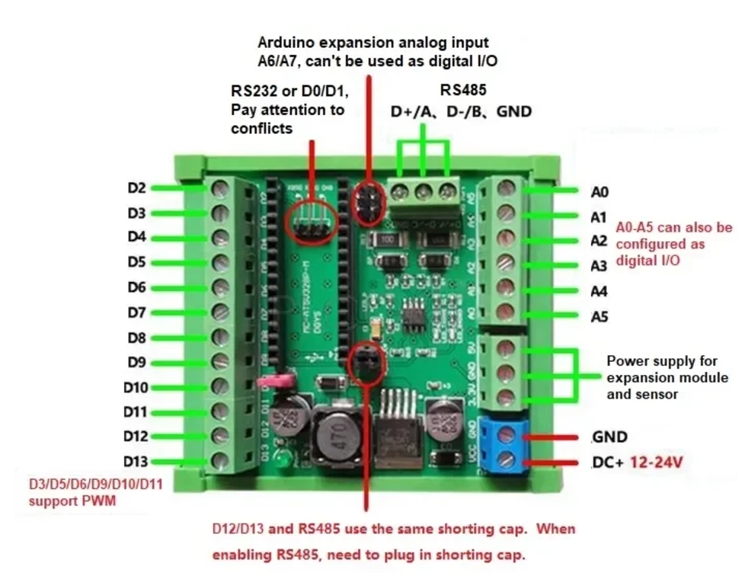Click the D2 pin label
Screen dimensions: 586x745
(137, 187)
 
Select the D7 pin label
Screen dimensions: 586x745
(136, 312)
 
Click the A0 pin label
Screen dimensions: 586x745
(600, 191)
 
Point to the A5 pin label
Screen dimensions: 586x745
(600, 316)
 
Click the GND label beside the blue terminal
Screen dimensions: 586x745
(609, 437)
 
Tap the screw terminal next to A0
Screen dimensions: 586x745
(507, 189)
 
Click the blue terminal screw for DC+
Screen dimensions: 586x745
(507, 462)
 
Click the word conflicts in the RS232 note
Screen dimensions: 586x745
(261, 129)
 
